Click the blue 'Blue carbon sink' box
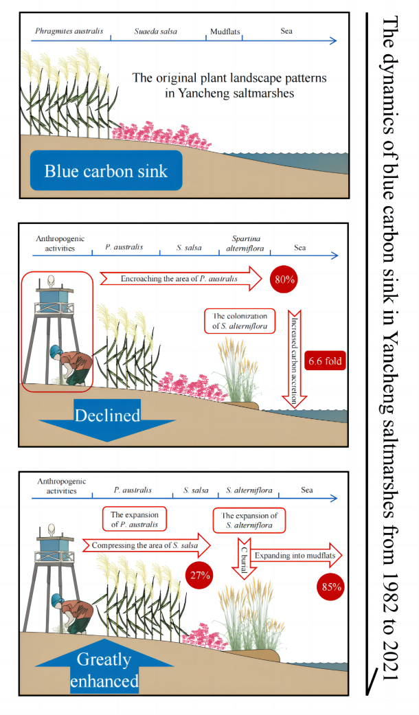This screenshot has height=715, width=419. coord(106,170)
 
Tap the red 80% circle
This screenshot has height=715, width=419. coord(282,279)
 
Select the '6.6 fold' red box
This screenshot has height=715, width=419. coord(325,360)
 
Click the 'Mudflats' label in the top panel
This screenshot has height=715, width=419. coord(225,32)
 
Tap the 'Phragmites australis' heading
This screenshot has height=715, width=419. coord(69,32)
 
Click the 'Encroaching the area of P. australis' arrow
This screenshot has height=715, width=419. coord(179,279)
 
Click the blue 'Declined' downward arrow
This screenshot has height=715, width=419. coord(106,418)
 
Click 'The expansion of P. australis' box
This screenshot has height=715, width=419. coord(134,519)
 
